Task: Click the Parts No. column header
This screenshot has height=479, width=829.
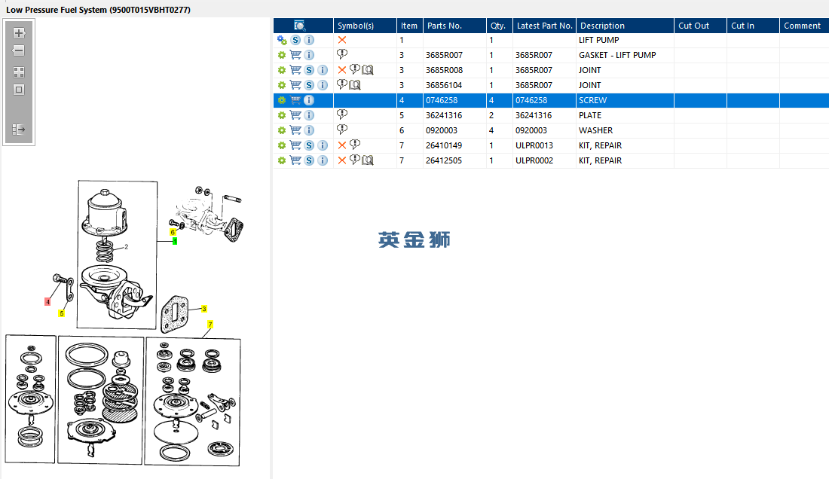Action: (444, 26)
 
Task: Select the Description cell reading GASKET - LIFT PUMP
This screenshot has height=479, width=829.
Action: (616, 55)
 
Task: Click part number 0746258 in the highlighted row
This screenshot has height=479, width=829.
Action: (442, 100)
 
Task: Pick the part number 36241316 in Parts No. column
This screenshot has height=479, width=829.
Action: (444, 115)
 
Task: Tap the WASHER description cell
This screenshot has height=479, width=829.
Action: (595, 130)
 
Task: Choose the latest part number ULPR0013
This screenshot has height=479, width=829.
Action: (534, 145)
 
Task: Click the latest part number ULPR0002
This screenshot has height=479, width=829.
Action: (534, 160)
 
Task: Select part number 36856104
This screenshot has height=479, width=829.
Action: (444, 85)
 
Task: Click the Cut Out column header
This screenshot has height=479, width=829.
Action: (693, 26)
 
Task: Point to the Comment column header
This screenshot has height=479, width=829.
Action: (802, 26)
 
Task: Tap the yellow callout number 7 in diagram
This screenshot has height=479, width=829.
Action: (210, 324)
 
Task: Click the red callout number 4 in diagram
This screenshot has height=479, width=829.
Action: (47, 302)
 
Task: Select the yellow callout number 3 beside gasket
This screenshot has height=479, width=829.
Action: (203, 309)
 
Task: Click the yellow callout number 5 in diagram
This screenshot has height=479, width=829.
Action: (62, 313)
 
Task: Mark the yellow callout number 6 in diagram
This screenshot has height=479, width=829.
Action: (173, 232)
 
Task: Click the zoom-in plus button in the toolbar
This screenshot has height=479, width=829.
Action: (19, 33)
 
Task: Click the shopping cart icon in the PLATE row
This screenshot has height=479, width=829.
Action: (295, 115)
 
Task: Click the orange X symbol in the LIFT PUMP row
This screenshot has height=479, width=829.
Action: (342, 40)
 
